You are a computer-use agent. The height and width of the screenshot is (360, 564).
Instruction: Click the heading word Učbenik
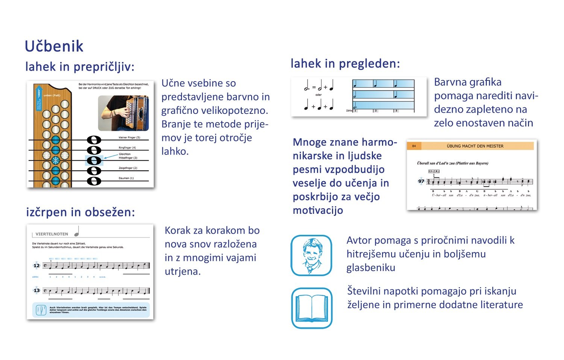tap(54, 46)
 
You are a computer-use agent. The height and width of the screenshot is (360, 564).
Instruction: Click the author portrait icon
tap(311, 255)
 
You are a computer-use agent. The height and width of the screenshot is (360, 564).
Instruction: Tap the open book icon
tap(312, 308)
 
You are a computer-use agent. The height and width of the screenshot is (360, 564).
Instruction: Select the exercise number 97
tap(421, 181)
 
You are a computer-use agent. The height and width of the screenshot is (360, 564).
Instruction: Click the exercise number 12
tap(36, 266)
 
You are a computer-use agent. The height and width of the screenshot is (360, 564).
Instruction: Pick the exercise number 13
tap(36, 290)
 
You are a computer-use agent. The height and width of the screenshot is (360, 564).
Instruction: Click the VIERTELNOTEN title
tap(52, 234)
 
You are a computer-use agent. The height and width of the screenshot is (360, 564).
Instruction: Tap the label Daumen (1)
tap(126, 178)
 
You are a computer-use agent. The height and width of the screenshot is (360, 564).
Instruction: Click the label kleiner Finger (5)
tap(129, 138)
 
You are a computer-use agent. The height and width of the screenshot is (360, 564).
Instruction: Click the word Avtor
tap(359, 241)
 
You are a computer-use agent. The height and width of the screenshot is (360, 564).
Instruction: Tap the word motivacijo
tap(318, 210)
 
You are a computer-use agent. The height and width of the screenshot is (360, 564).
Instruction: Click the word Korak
tap(178, 231)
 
